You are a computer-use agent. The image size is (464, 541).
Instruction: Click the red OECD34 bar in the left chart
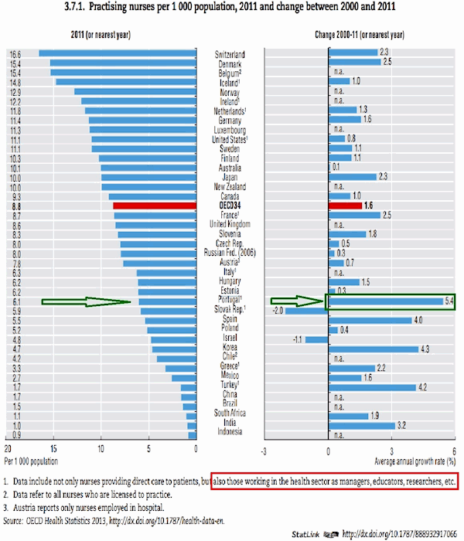point(155,206)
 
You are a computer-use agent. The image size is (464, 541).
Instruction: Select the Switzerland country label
point(230,54)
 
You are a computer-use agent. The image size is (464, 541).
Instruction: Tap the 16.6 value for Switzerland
point(15,54)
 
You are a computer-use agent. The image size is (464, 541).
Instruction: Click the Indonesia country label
point(230,431)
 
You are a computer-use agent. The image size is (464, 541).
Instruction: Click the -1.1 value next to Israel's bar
point(296,339)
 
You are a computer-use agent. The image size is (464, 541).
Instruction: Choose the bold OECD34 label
point(230,206)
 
